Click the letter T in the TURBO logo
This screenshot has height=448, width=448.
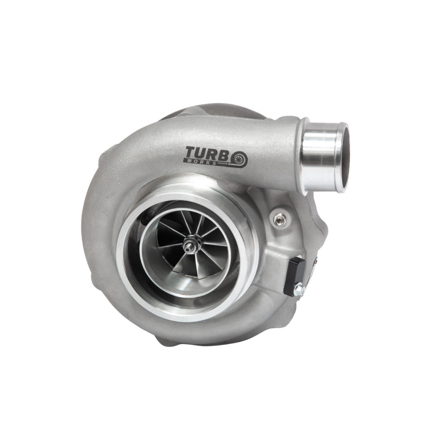click(192, 153)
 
